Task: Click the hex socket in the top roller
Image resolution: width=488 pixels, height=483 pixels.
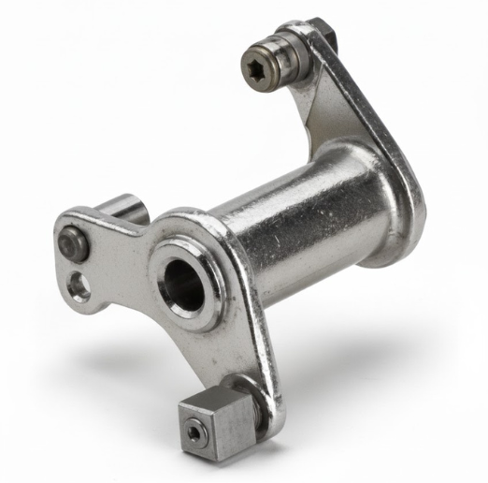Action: tap(263, 67)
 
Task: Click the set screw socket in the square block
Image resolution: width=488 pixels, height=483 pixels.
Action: tap(193, 432)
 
